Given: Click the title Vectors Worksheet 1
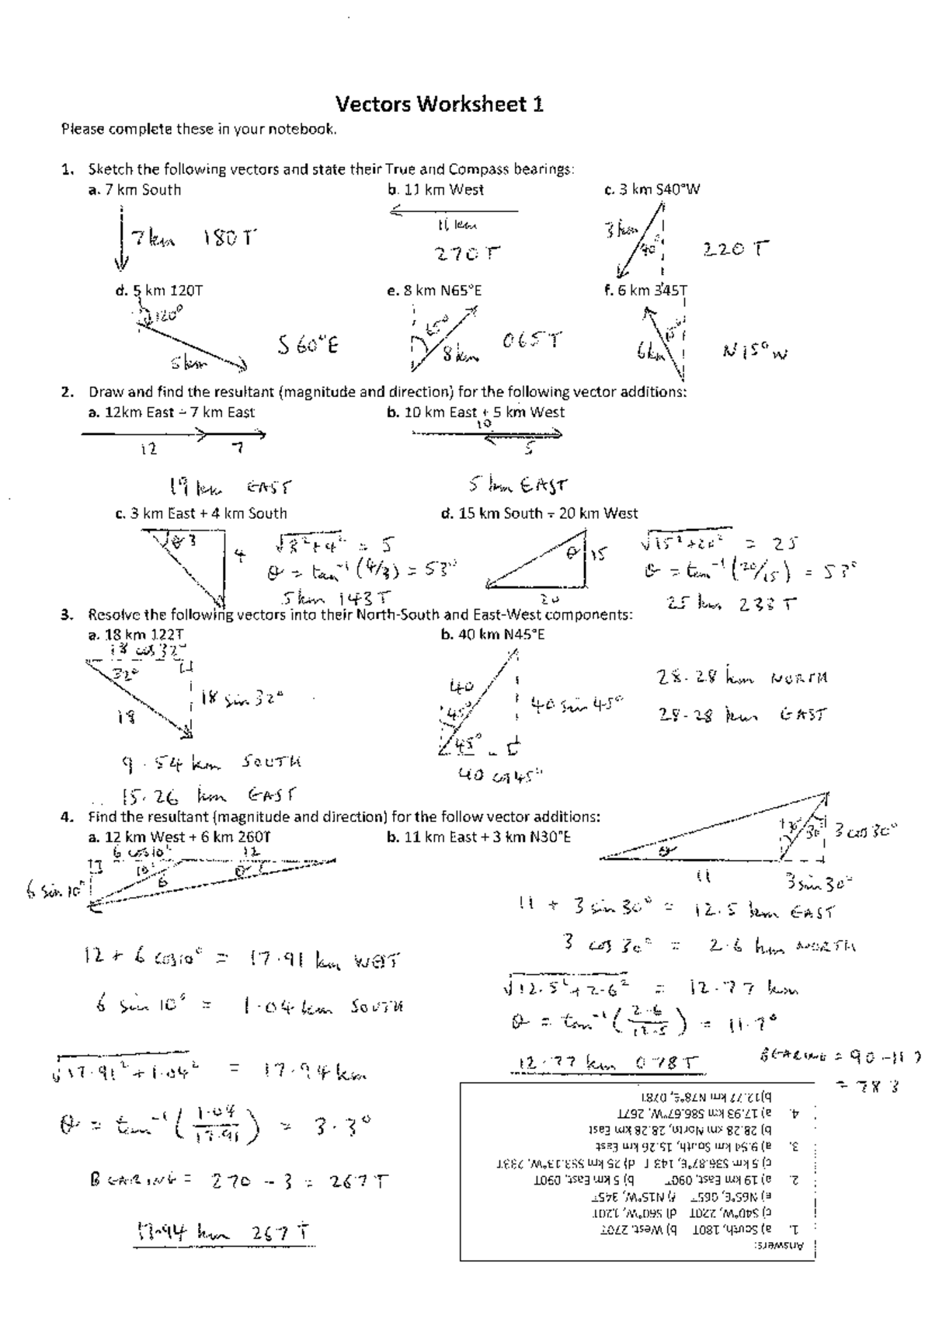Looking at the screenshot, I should (x=439, y=104).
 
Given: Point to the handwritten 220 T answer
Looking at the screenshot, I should (x=736, y=249).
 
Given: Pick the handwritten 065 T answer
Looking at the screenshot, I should (x=532, y=341).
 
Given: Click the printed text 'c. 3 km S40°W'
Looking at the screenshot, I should (x=652, y=190).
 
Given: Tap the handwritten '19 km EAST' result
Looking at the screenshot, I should (x=230, y=488).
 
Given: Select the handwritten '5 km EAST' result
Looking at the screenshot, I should (x=518, y=485).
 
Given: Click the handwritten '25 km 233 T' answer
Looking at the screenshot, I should (x=731, y=603).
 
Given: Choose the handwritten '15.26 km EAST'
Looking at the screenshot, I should (x=208, y=796).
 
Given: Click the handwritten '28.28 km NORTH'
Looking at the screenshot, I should (x=742, y=678).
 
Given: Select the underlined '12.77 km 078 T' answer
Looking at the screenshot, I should (x=605, y=1063).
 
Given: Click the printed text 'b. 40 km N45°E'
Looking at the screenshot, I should (x=492, y=635).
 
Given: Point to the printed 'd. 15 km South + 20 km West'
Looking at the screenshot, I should (x=538, y=513).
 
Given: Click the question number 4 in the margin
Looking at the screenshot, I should (x=67, y=817).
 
